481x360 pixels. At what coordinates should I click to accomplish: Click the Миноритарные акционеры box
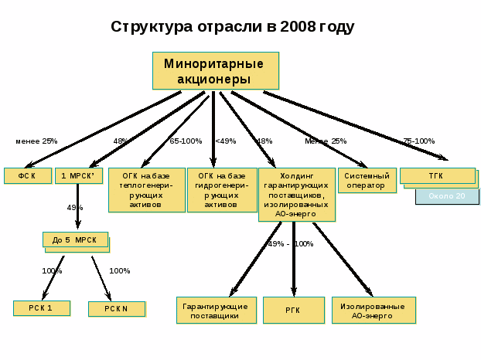215,71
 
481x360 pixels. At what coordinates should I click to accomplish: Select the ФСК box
27,176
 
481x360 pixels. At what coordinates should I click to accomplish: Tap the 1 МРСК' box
78,176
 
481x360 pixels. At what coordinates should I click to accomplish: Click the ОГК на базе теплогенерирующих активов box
146,190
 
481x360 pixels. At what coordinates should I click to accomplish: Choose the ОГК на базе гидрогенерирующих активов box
222,190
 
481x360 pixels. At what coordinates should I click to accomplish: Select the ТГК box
437,176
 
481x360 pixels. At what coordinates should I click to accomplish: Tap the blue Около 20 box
447,196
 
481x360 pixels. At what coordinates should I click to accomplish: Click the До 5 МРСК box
75,240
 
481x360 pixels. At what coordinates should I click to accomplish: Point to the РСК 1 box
41,308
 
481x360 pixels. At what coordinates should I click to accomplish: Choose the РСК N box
117,309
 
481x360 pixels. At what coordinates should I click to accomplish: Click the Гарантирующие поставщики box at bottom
216,311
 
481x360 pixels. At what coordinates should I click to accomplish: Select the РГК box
293,311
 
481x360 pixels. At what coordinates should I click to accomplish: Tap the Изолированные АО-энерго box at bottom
373,311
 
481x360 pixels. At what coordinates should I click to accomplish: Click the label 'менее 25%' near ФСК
36,141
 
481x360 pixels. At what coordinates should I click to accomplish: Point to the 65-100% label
186,141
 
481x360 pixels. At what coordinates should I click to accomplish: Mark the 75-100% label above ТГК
418,141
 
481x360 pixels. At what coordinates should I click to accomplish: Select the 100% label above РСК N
120,271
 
